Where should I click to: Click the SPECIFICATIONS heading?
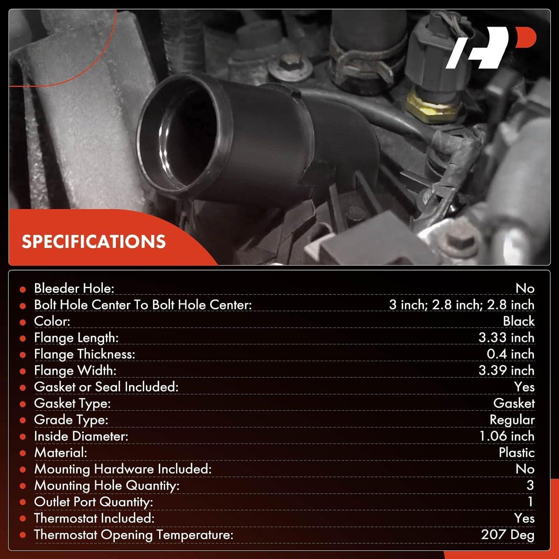(94, 241)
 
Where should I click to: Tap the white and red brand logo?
(491, 47)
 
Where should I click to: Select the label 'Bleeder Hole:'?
(74, 288)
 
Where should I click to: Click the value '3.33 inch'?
(506, 338)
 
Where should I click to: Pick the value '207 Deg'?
(508, 535)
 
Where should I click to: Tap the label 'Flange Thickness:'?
(85, 354)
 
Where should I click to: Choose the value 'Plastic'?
(517, 452)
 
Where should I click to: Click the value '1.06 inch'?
(506, 436)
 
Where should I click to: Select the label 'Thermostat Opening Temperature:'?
(133, 535)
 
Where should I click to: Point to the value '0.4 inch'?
(510, 354)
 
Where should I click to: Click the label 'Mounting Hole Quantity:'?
(107, 486)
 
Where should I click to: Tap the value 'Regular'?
(512, 420)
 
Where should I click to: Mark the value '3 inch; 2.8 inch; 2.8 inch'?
(461, 305)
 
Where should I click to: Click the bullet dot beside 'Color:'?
(23, 322)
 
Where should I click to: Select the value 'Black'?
(518, 321)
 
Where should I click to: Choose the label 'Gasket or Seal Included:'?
(106, 387)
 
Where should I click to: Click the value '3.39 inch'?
(506, 370)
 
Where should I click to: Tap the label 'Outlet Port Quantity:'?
(94, 502)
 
